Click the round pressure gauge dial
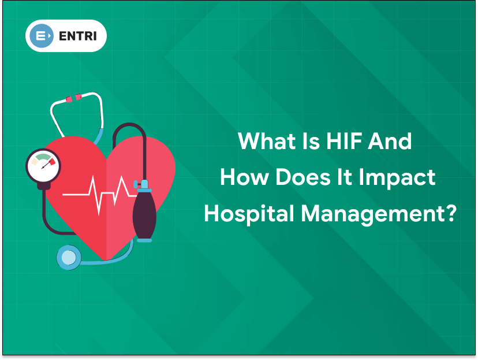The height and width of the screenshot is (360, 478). (43, 166)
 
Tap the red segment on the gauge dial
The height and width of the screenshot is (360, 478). (53, 161)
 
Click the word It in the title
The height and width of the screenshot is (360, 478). (344, 177)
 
